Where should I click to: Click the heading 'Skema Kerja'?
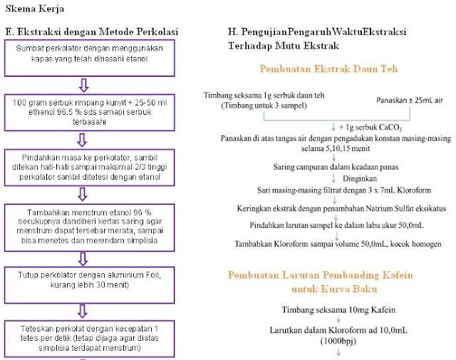[34, 10]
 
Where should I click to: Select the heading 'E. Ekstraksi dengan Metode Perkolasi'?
[91, 32]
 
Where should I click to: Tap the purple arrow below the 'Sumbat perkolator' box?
[84, 85]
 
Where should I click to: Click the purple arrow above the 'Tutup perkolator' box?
[84, 257]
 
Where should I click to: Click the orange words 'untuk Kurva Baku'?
[334, 290]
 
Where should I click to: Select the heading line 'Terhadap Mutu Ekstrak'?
[283, 45]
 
